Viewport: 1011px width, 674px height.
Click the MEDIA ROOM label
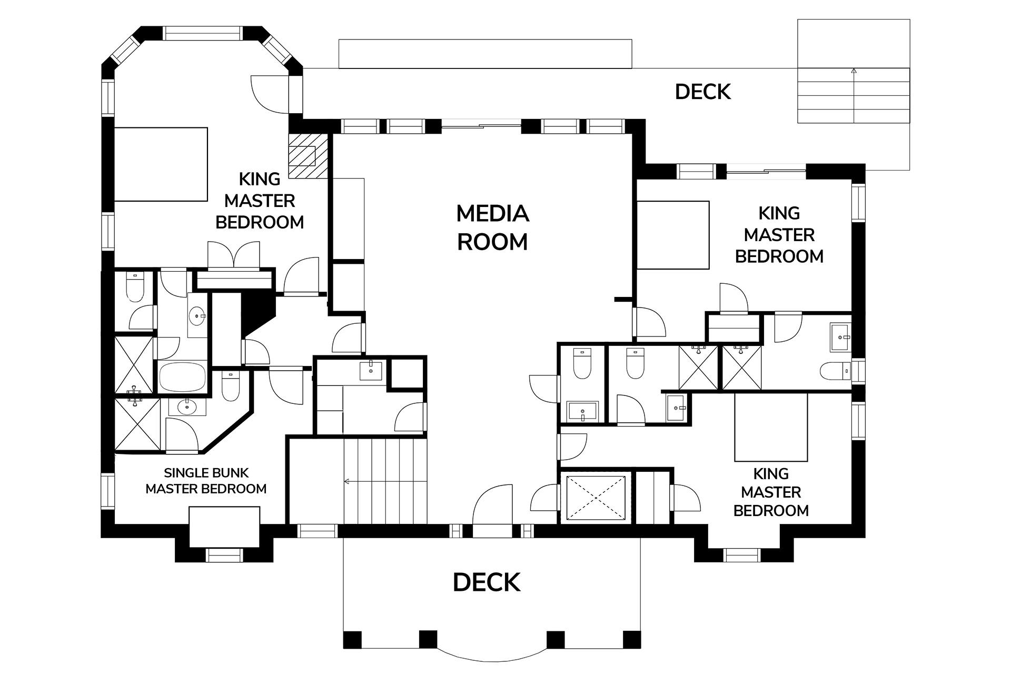[x=492, y=227]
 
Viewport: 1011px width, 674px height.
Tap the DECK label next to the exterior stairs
[x=703, y=92]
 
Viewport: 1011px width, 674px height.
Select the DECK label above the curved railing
[x=487, y=582]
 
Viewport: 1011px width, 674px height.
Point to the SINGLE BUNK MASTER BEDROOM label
[x=206, y=481]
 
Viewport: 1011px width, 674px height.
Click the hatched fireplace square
[x=309, y=156]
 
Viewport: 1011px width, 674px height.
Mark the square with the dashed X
[x=595, y=498]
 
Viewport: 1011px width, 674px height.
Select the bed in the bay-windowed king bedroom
[x=161, y=164]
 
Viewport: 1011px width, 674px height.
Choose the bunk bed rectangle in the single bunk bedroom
[x=224, y=527]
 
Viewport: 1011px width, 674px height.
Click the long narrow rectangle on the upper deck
[x=485, y=54]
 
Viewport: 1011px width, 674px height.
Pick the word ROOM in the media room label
[x=492, y=242]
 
